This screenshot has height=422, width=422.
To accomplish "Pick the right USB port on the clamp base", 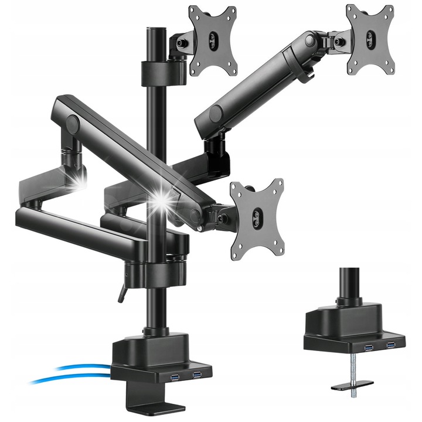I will point(197,375).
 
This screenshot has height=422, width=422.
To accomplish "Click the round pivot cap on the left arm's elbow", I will point(72,123).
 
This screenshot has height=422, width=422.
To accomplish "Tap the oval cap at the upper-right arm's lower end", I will point(215,113).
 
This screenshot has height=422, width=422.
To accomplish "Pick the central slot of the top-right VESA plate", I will point(370,40).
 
